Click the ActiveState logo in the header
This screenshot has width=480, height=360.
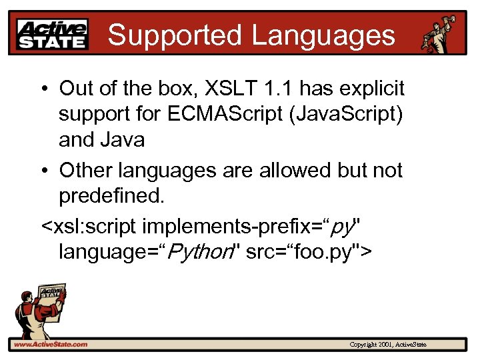click(x=53, y=34)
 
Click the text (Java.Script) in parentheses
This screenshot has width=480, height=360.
click(x=353, y=114)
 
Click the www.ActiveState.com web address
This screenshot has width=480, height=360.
click(x=50, y=344)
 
